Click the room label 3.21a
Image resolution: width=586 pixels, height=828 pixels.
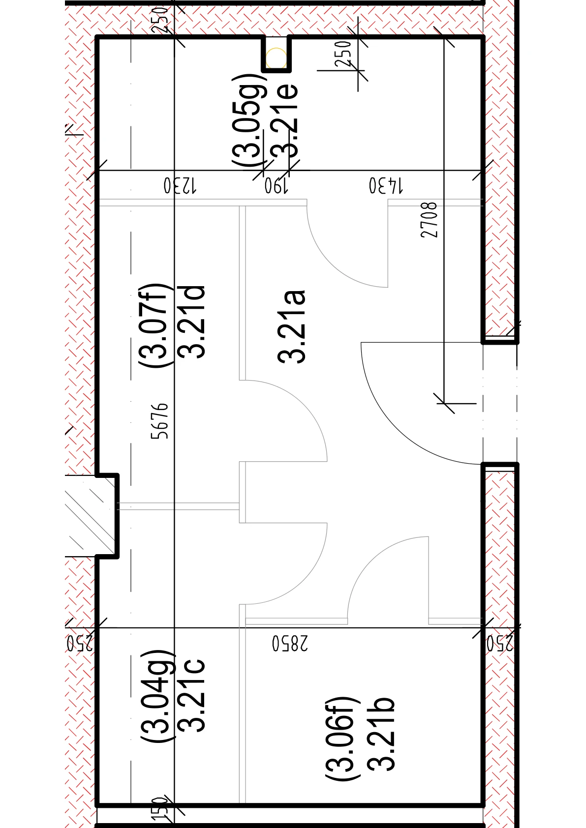click(x=291, y=327)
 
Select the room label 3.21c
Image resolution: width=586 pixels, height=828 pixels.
click(x=191, y=695)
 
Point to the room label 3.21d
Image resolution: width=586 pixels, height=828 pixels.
click(x=191, y=322)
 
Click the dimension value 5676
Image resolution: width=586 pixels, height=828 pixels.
click(x=160, y=421)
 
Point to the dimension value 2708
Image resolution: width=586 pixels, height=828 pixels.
click(x=429, y=220)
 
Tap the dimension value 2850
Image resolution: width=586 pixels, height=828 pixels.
click(x=290, y=644)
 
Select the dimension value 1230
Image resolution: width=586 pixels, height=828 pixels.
click(x=181, y=186)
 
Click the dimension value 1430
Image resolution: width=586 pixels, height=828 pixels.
click(x=386, y=186)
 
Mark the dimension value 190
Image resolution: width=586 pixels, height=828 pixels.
click(x=276, y=186)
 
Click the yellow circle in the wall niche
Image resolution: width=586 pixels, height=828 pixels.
click(x=276, y=58)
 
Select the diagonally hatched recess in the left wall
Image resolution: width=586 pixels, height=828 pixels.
click(x=91, y=515)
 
